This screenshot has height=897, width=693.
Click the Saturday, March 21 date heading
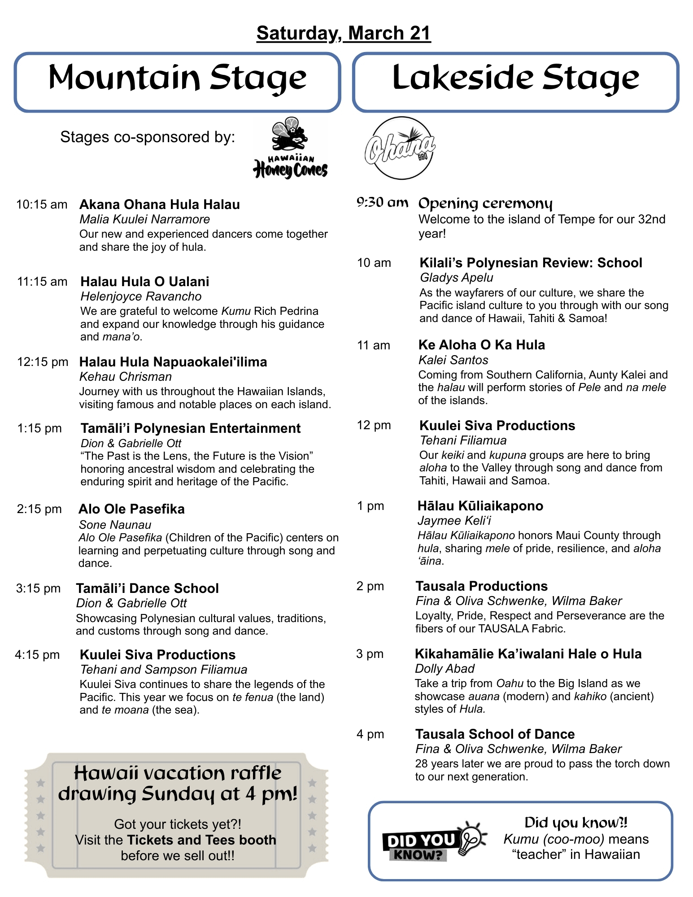[x=344, y=33]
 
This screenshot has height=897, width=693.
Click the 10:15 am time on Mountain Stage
[x=42, y=205]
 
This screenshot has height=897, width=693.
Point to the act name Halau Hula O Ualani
[x=144, y=282]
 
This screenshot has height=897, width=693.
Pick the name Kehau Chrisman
[x=126, y=377]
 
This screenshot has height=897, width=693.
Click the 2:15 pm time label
[x=39, y=509]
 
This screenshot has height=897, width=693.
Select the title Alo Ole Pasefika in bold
[x=131, y=509]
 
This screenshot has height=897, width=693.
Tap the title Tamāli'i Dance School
[x=147, y=588]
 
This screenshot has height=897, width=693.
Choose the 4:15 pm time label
[x=37, y=655]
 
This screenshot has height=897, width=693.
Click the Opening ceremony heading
[x=485, y=204]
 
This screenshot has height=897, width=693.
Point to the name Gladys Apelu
[x=457, y=278]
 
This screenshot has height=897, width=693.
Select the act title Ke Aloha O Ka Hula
[x=482, y=345]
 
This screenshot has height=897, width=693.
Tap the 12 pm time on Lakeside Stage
[x=374, y=425]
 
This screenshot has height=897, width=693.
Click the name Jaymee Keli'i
[x=454, y=521]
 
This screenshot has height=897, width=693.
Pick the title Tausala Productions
[x=482, y=586]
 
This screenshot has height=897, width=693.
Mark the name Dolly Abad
[x=445, y=669]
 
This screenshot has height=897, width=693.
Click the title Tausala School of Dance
[x=495, y=734]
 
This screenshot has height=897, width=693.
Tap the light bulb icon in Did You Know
[x=472, y=837]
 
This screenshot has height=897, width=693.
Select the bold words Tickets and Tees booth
[x=201, y=840]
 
